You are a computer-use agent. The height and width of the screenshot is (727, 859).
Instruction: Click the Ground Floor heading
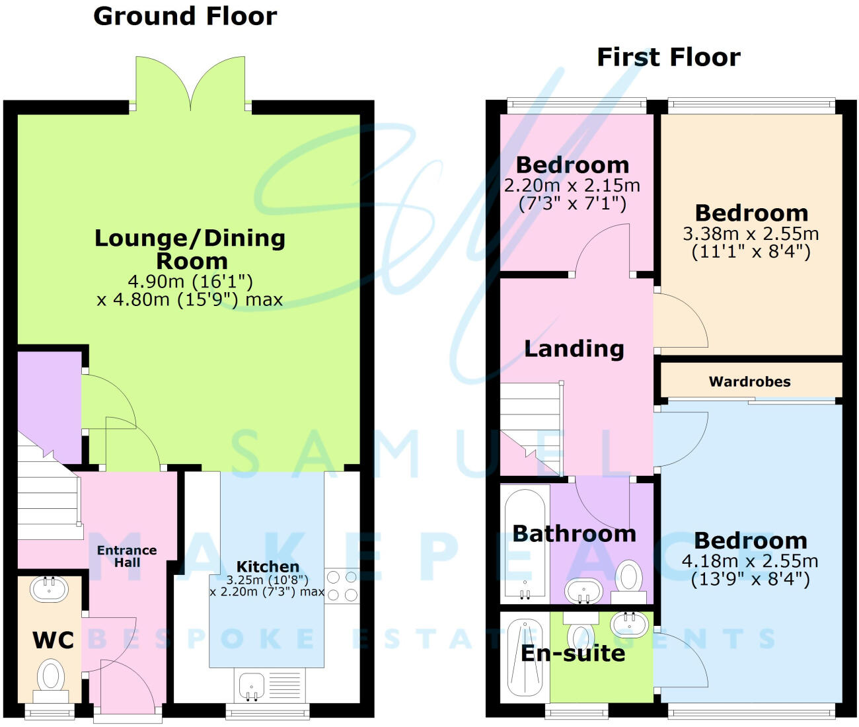coord(185,17)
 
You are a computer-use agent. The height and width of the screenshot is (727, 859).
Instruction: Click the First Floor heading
coord(668,57)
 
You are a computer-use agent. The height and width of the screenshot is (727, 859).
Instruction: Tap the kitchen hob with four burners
coord(342,586)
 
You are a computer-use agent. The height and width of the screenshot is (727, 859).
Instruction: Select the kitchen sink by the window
coord(250,687)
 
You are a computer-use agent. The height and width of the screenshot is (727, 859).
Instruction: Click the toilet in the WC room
coord(50,678)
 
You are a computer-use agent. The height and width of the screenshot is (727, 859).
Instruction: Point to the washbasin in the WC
coord(49,588)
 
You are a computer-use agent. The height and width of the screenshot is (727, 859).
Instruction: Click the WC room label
coord(53,640)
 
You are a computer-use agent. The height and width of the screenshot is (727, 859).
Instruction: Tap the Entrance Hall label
coord(127,556)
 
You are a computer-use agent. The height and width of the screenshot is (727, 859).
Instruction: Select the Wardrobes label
coord(749,381)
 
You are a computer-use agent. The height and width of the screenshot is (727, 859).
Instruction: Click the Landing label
coord(574,348)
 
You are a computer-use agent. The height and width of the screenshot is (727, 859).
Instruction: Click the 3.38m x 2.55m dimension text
coord(751,234)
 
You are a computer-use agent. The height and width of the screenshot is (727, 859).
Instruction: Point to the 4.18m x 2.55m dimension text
coord(750,562)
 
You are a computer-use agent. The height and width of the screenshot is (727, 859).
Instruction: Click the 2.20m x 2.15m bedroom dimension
coord(572,186)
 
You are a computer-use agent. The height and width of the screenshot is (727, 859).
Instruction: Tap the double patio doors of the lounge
coord(191,83)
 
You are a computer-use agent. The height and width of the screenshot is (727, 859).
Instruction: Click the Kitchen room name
coord(268,566)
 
